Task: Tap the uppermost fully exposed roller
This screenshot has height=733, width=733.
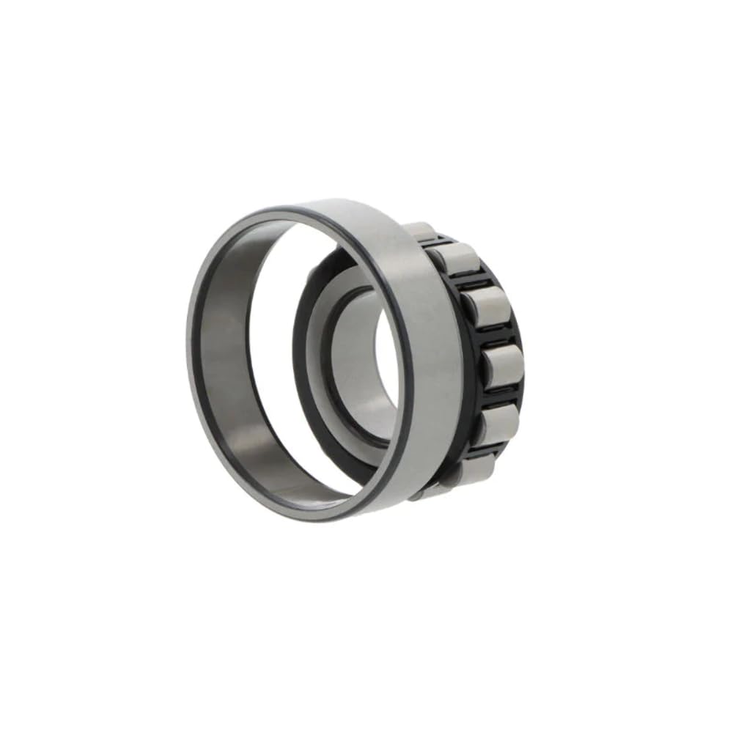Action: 454,258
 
